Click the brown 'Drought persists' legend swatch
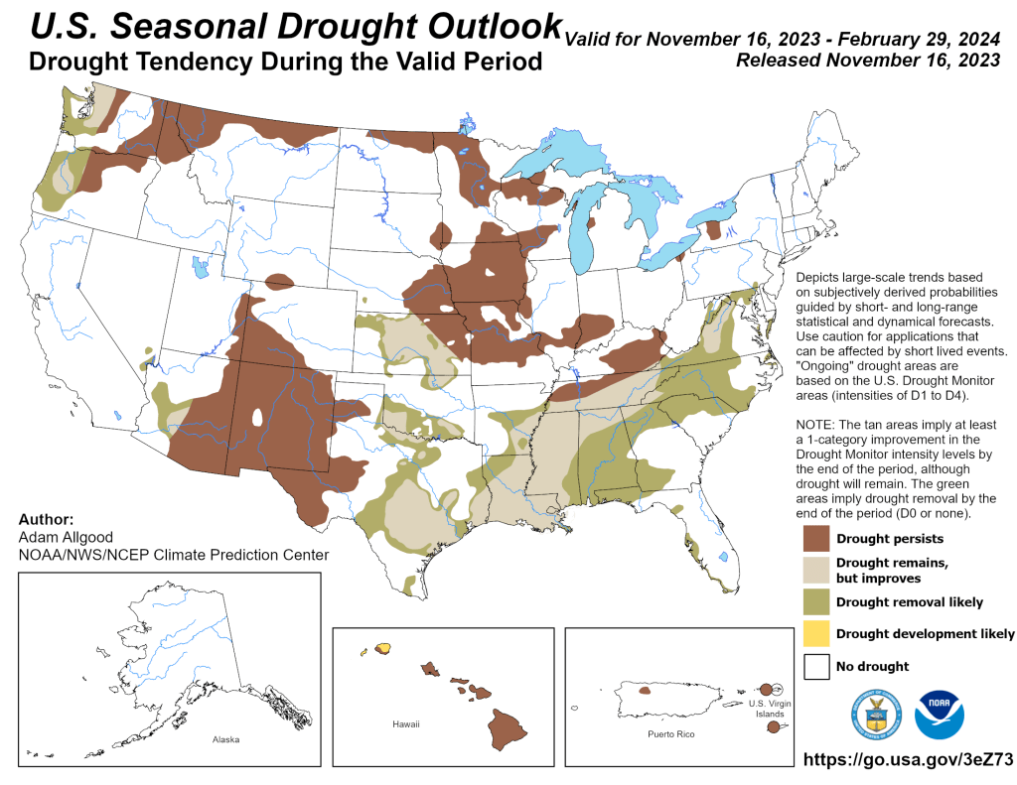point(816,539)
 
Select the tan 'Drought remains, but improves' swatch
point(816,570)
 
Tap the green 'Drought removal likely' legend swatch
point(816,601)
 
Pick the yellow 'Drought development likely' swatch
point(816,633)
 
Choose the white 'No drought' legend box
point(816,666)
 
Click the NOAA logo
point(940,715)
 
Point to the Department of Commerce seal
point(874,715)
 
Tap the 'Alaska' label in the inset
point(225,740)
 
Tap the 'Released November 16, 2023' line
point(867,61)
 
